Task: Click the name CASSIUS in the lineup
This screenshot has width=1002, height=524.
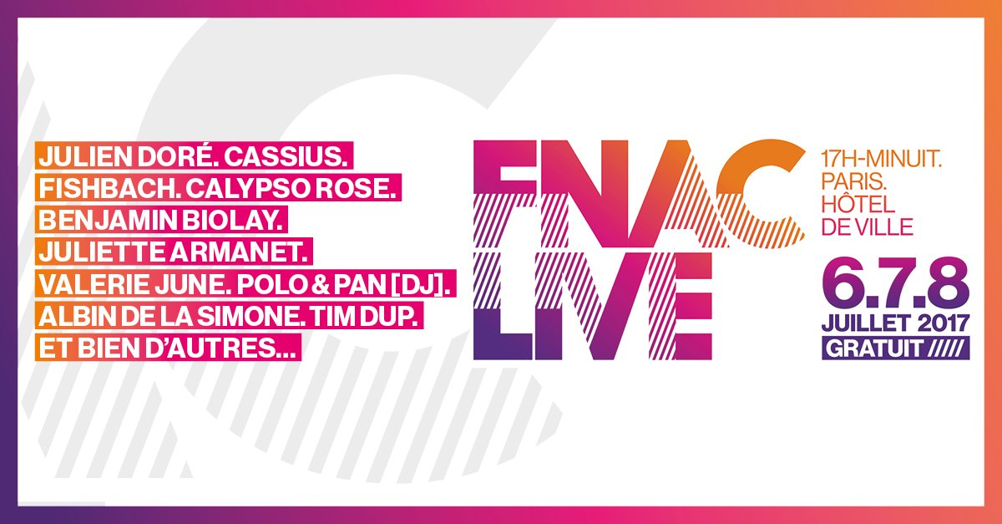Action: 285,157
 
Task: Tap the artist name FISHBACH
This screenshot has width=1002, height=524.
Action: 109,189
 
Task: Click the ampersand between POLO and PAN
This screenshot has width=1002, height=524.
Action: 322,284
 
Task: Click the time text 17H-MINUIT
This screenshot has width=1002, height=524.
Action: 882,160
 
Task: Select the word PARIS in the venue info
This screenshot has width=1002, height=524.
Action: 853,183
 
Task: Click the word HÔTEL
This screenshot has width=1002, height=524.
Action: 858,203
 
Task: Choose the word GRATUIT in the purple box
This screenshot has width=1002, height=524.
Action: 874,348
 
